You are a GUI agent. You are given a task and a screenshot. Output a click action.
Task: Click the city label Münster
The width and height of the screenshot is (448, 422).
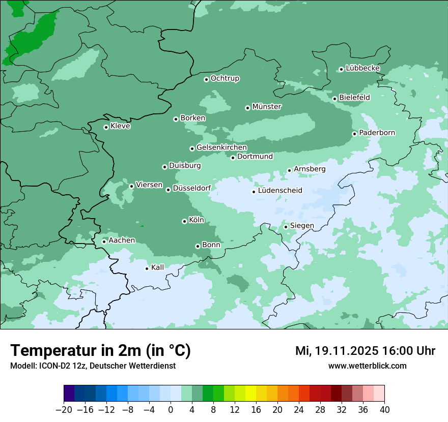267,107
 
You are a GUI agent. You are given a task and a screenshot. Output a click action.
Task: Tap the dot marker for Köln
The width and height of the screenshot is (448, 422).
184,221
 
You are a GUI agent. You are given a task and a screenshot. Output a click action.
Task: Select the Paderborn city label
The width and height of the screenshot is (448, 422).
377,133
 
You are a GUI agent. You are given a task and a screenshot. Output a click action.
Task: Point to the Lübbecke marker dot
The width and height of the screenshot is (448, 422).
341,69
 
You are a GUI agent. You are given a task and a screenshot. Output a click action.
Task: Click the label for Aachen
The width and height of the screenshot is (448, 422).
122,240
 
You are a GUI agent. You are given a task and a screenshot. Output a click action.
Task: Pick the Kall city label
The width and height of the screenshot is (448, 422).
158,267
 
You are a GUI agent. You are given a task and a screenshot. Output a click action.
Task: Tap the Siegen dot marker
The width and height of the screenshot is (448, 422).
286,227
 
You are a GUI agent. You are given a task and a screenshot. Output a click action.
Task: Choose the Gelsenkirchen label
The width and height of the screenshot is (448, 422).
221,147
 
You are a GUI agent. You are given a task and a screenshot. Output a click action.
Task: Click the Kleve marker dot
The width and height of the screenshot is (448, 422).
106,127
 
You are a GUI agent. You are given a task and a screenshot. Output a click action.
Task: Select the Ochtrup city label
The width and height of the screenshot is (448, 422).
225,78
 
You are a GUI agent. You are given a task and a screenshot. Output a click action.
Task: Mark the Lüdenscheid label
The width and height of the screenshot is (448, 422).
280,191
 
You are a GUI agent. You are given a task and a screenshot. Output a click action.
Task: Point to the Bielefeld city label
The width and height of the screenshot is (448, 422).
354,97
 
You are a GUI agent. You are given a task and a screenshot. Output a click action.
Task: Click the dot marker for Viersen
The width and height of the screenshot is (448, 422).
131,186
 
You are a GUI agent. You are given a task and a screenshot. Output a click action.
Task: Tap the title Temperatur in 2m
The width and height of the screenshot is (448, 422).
100,351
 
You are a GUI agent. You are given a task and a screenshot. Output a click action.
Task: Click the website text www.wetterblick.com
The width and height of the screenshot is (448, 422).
367,366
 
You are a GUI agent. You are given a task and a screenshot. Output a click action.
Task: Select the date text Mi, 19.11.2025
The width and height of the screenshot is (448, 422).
335,351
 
